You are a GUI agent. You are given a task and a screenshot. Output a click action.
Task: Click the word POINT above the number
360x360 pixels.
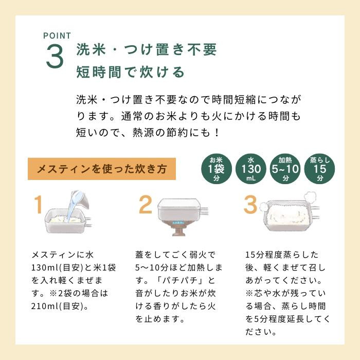[57, 35]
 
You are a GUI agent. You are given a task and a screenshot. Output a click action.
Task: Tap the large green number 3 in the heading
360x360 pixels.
[55, 58]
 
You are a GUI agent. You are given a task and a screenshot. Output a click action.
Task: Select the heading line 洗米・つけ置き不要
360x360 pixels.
[146, 50]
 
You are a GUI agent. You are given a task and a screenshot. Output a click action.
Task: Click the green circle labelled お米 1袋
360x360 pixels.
[217, 168]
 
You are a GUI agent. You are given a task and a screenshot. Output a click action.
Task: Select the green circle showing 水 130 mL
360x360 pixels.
[250, 168]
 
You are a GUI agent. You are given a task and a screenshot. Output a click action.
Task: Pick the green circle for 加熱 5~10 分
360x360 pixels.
[285, 168]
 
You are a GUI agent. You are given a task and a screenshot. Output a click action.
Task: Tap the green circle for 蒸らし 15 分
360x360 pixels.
[320, 168]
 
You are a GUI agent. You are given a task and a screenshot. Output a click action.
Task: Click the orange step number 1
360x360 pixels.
[37, 205]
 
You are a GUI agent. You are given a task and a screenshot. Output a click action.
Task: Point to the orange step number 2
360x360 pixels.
[146, 205]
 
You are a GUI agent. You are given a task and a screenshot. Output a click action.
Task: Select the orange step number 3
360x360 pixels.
[250, 205]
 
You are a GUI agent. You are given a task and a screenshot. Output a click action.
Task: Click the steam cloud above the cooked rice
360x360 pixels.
[310, 197]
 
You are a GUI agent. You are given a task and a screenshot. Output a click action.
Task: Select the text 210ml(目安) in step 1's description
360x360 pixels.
[57, 307]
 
